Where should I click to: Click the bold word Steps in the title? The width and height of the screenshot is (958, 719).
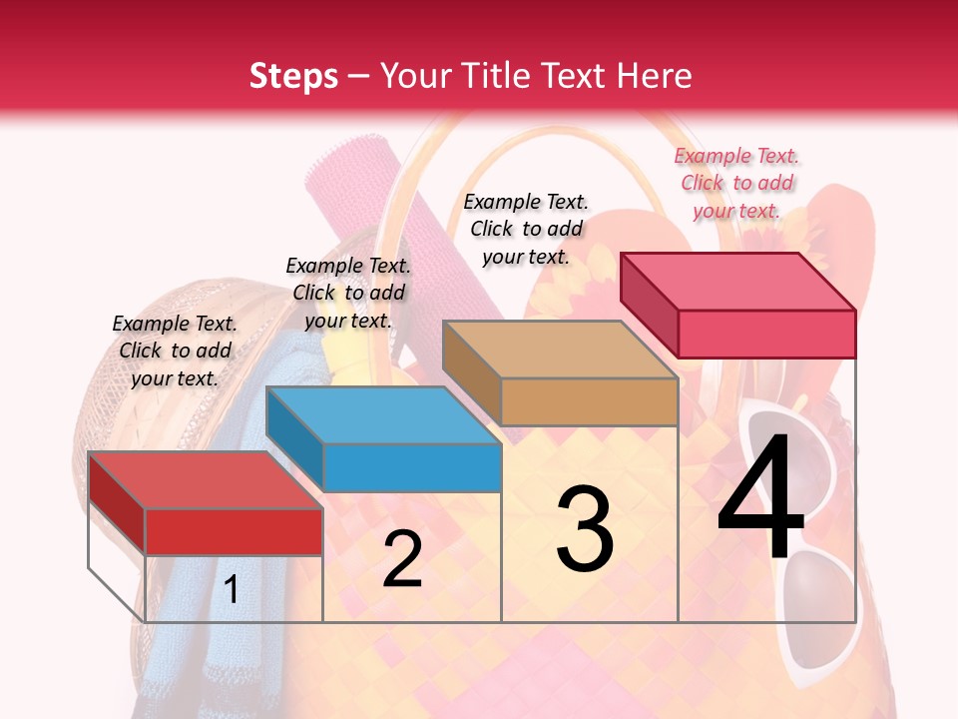pos(293,76)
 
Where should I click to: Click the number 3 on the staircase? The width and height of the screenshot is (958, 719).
pos(585,529)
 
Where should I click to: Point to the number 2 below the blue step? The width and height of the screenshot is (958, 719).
pos(402,559)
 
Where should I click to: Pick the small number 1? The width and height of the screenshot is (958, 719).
pos(232,589)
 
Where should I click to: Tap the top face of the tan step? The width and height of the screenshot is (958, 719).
pos(559,350)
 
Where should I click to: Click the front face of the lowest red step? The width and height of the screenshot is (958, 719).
pos(234,531)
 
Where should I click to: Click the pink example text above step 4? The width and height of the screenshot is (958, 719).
pos(736,183)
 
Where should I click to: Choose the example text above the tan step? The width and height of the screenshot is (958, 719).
pos(526,229)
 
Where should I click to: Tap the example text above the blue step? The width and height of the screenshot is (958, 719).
pos(348,293)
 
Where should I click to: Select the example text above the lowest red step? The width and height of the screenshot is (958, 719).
pos(175,351)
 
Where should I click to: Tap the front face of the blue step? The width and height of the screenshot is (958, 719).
pos(412,467)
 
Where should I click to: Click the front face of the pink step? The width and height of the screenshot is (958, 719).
pos(766,334)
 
